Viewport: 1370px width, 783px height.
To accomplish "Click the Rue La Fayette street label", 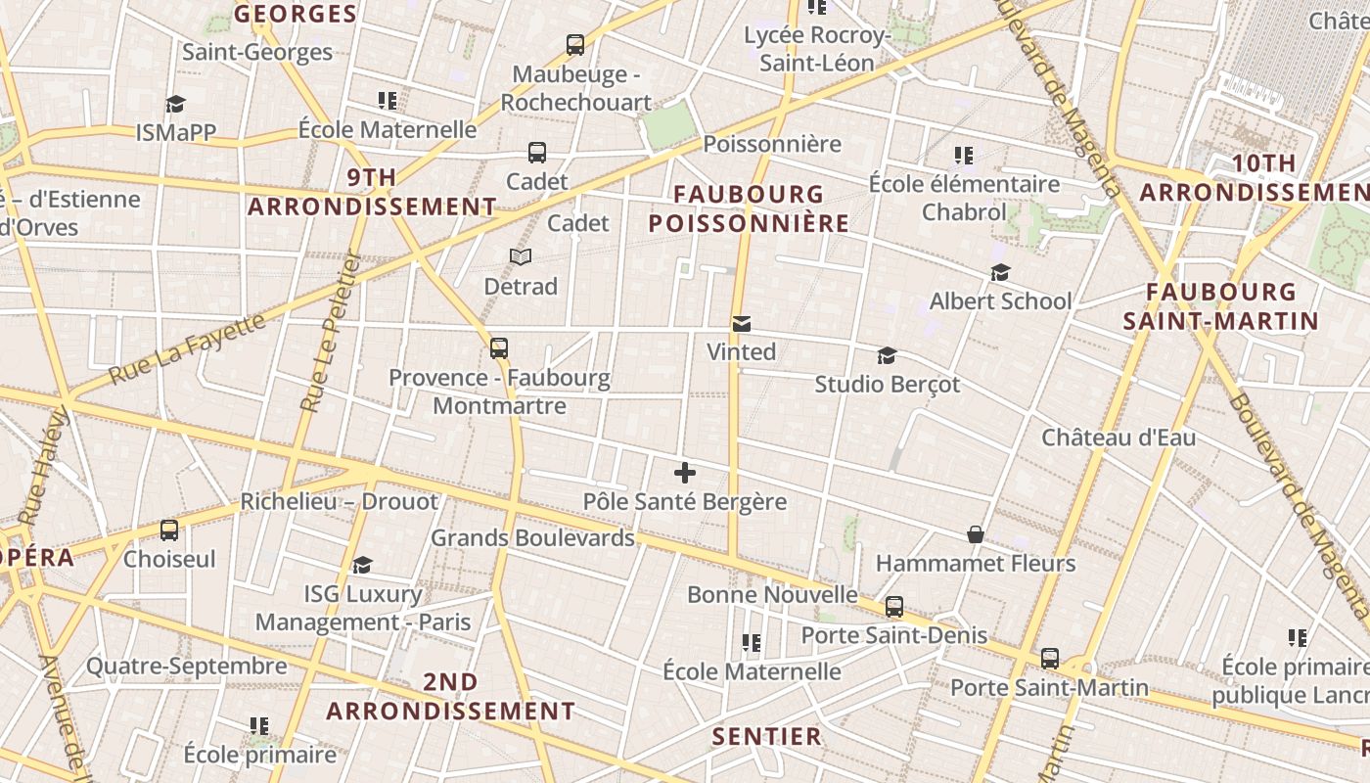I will pos(186,348).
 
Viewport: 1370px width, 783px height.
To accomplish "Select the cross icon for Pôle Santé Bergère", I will pos(685,474).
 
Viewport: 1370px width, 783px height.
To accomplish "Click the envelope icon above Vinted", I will pos(742,324).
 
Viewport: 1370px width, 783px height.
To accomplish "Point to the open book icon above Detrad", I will pos(521,257).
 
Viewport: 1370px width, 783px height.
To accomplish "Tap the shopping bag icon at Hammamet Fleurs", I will pos(976,534).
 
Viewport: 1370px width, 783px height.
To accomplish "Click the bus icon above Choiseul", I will pos(169,530).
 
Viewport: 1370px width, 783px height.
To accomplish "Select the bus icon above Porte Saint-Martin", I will pos(1050,659).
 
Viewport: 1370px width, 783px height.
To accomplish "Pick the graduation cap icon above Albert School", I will pos(1000,272).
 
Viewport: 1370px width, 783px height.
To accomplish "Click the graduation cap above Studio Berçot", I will pos(887,355).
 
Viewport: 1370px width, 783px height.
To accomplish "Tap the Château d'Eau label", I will pos(1119,438).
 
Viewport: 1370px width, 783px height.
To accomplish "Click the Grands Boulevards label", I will pos(532,537).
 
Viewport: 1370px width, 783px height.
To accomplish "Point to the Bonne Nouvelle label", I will pos(772,594).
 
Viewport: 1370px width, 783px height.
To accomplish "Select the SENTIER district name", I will pos(767,736).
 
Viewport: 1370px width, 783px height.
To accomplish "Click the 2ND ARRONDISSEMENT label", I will pos(451,696).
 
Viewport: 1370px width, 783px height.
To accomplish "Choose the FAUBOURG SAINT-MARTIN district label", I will pos(1220,305).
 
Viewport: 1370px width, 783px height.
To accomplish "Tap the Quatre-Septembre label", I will pos(187,667).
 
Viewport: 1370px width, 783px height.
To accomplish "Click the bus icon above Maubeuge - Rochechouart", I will pos(575,45).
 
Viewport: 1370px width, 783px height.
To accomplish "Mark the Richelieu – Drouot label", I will pos(340,502).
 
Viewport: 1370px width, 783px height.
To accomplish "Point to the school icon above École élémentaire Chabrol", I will pos(964,156).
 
